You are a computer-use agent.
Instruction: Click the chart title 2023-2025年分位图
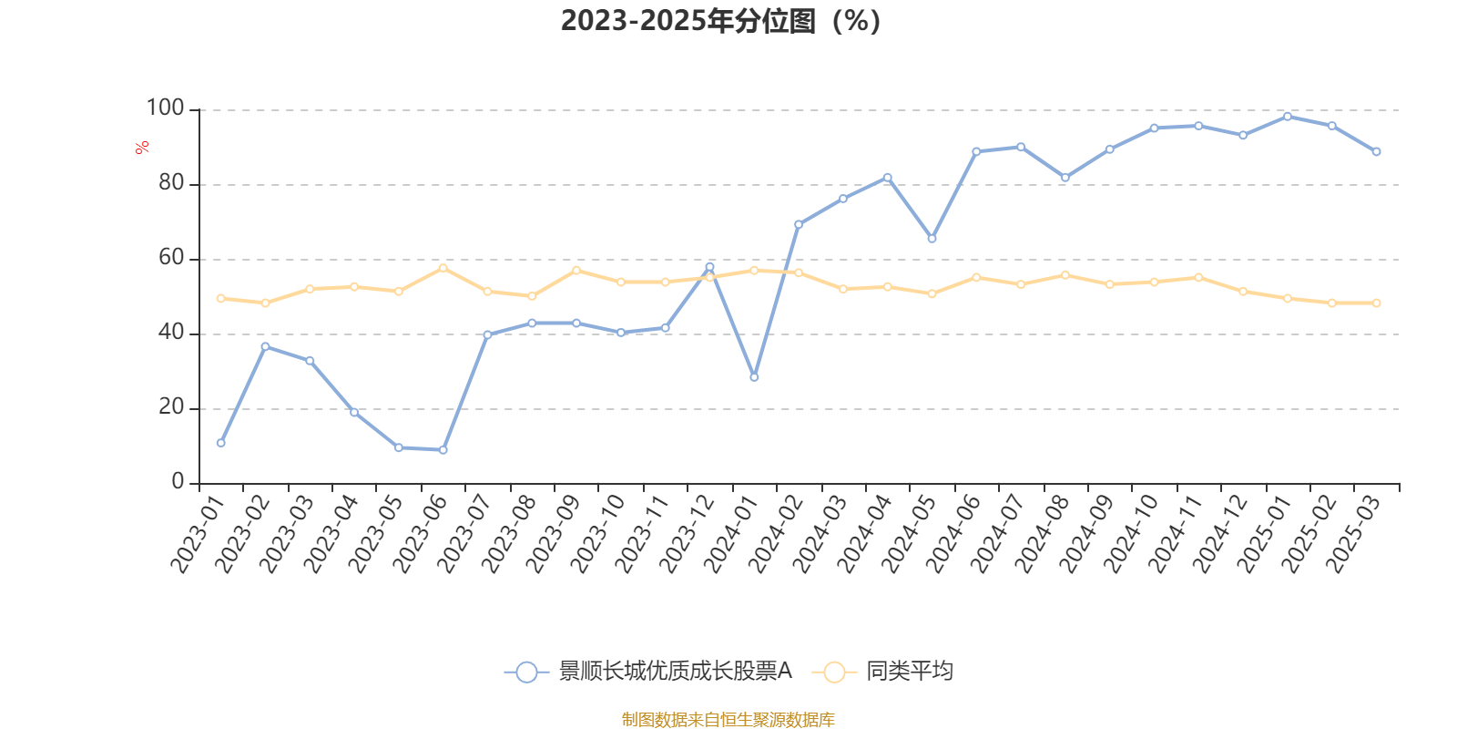click(x=719, y=20)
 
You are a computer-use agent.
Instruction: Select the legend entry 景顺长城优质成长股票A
click(x=674, y=672)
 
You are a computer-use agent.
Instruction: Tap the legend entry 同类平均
click(x=909, y=672)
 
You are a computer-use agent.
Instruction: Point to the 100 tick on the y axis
click(x=165, y=108)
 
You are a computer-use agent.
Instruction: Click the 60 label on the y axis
click(x=170, y=258)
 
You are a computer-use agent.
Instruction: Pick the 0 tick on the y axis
click(x=178, y=482)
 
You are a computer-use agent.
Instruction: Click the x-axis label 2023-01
click(x=198, y=535)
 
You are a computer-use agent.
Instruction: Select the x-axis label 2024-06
click(x=953, y=535)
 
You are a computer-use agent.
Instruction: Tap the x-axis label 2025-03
click(x=1353, y=535)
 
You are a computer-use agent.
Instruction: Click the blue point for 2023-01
click(x=220, y=443)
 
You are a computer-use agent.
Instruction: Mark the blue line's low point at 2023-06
click(x=443, y=450)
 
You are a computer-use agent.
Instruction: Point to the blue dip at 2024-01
click(x=754, y=376)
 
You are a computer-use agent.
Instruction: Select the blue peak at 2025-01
click(x=1288, y=117)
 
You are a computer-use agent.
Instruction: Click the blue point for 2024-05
click(x=932, y=239)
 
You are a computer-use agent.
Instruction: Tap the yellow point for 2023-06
click(x=443, y=268)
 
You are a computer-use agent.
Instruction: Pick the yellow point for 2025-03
click(x=1376, y=303)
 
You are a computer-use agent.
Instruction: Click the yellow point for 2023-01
click(x=220, y=298)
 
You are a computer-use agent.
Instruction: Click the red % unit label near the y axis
click(x=141, y=148)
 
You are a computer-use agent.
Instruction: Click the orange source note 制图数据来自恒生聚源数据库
click(x=728, y=720)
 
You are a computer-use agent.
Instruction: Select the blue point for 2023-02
click(x=265, y=346)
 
